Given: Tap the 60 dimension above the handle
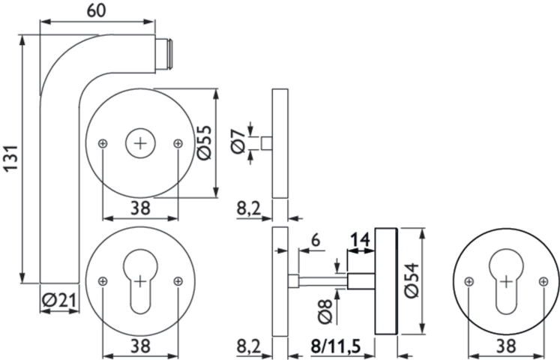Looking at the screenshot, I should (96, 12).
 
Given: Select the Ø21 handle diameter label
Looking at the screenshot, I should (60, 300).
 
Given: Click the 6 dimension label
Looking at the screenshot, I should (315, 241).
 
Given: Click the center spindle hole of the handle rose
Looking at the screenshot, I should (140, 142).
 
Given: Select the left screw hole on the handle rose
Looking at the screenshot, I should (103, 142).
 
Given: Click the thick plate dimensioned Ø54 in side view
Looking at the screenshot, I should (385, 281).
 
